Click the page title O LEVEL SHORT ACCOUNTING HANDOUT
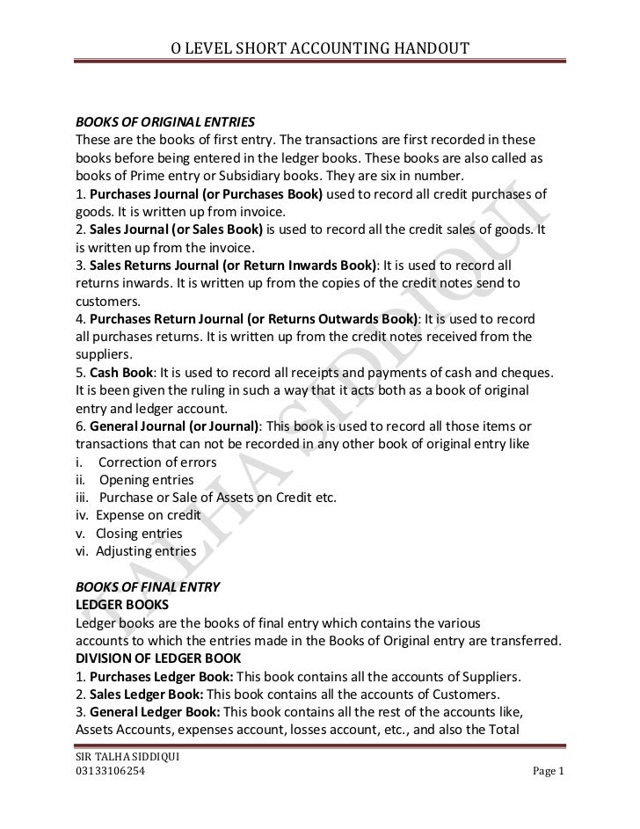319,48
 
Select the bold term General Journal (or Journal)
174,426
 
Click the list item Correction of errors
157,462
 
